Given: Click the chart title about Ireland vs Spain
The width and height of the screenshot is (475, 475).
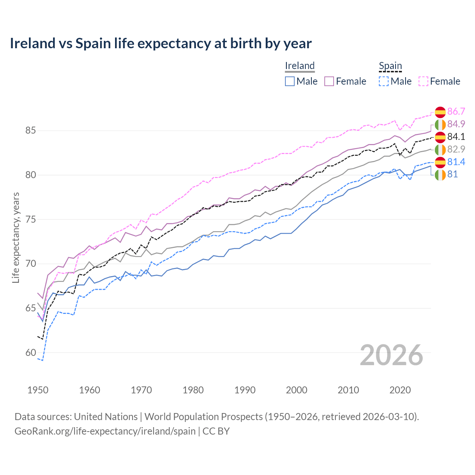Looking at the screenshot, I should [160, 43].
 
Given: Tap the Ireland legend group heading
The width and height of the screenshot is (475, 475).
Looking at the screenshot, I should [299, 66].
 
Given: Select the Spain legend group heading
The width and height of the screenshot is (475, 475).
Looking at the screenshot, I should [390, 66].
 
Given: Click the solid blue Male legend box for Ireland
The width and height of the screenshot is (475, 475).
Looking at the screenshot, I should [290, 81].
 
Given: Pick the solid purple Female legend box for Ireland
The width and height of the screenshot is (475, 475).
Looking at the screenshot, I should [329, 81].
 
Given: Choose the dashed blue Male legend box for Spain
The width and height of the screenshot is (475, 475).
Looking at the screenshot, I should [384, 81].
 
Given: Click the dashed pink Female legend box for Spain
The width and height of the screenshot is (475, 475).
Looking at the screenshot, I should [423, 81].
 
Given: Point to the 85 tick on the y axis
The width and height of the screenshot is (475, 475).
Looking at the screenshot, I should [30, 131].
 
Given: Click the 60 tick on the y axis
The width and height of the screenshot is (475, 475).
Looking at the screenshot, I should [30, 353].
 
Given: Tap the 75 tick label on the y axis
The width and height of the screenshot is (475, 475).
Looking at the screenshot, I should [30, 219].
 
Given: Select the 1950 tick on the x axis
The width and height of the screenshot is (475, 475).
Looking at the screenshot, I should [38, 390].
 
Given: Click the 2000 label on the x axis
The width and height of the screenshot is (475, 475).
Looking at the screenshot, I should [297, 390].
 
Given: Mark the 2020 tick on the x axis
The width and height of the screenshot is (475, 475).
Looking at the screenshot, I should [400, 390].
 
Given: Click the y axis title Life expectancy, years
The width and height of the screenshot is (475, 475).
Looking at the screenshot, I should [16, 237].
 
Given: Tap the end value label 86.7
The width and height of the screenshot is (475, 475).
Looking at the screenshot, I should [456, 112].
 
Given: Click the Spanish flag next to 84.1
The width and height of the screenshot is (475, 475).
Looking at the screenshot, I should [440, 137].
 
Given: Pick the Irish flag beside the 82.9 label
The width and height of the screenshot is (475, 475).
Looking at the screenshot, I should [440, 150].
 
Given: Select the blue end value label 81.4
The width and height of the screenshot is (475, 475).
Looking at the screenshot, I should [456, 162].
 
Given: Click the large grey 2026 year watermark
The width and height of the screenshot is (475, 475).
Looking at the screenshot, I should [392, 355].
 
